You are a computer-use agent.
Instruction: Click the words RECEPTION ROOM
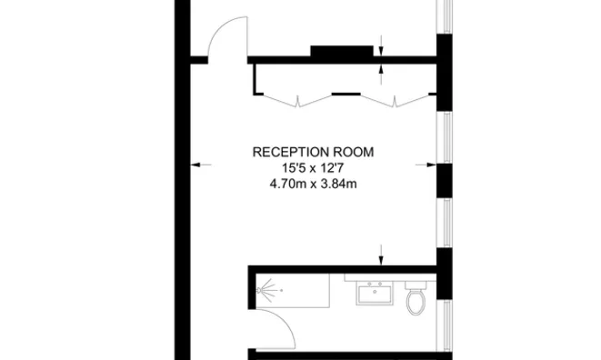(x=313, y=152)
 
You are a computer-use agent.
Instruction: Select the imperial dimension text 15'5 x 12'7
(x=313, y=167)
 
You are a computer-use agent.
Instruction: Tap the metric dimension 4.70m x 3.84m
(x=313, y=183)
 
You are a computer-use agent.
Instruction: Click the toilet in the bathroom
(x=416, y=300)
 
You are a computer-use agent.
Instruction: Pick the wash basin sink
(x=373, y=294)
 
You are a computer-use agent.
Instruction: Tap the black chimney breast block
(x=342, y=52)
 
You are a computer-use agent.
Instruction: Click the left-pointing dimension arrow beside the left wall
(x=201, y=165)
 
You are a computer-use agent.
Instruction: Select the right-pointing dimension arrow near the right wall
(x=425, y=165)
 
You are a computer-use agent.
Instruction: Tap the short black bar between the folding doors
(x=345, y=93)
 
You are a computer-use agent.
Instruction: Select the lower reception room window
(x=445, y=223)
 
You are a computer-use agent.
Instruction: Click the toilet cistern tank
(x=416, y=285)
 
